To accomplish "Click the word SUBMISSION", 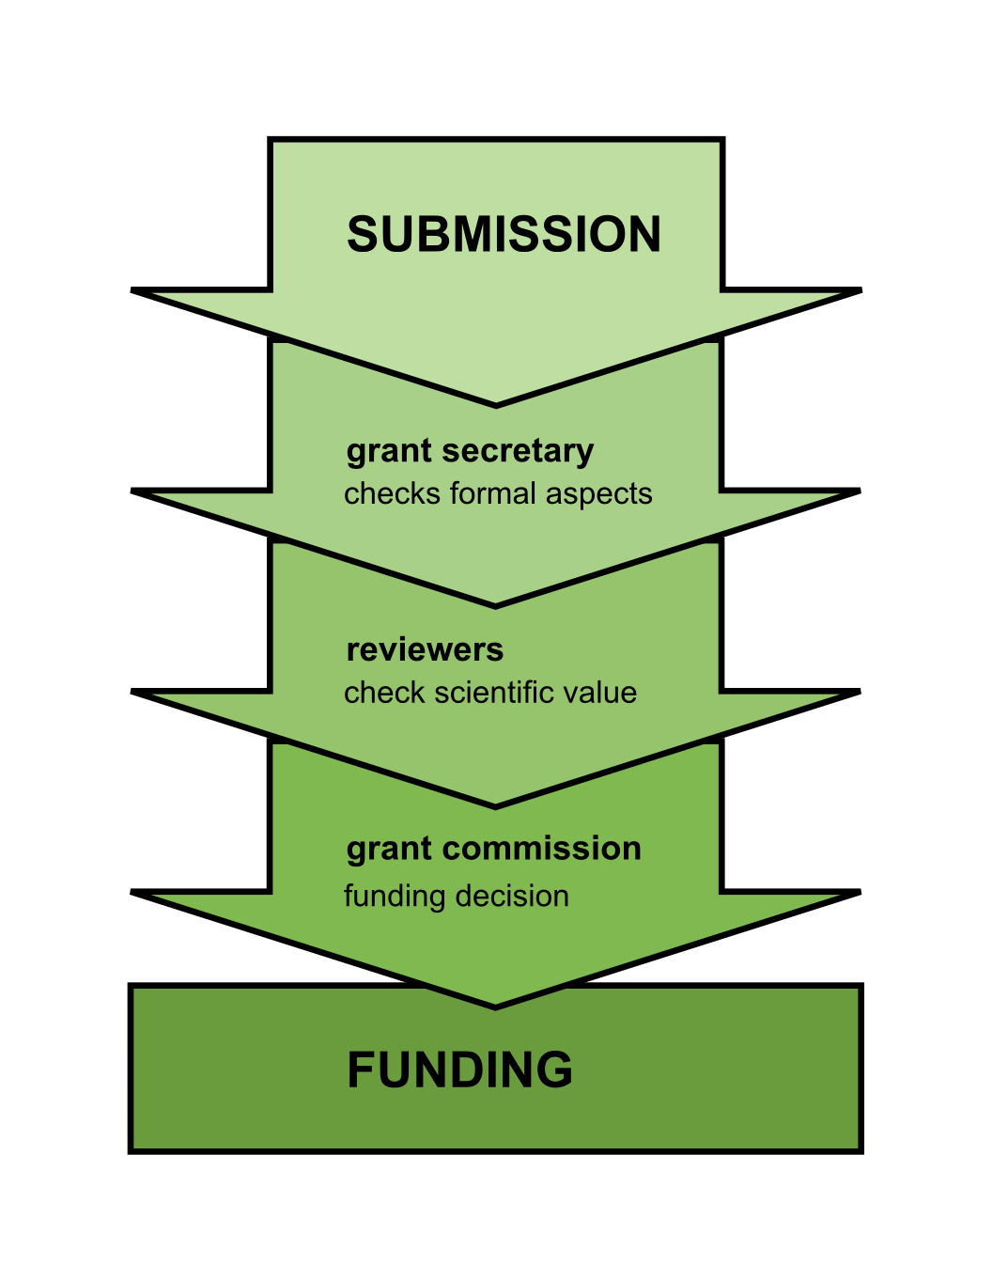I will coord(504,234).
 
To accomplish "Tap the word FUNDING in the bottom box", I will coord(459,1069).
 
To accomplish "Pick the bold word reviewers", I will coord(425,649).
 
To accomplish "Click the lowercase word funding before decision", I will coord(386,897).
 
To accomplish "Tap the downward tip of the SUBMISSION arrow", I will coord(496,404).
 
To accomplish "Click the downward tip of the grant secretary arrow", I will coord(496,605).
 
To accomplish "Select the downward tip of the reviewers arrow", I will coord(496,805).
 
